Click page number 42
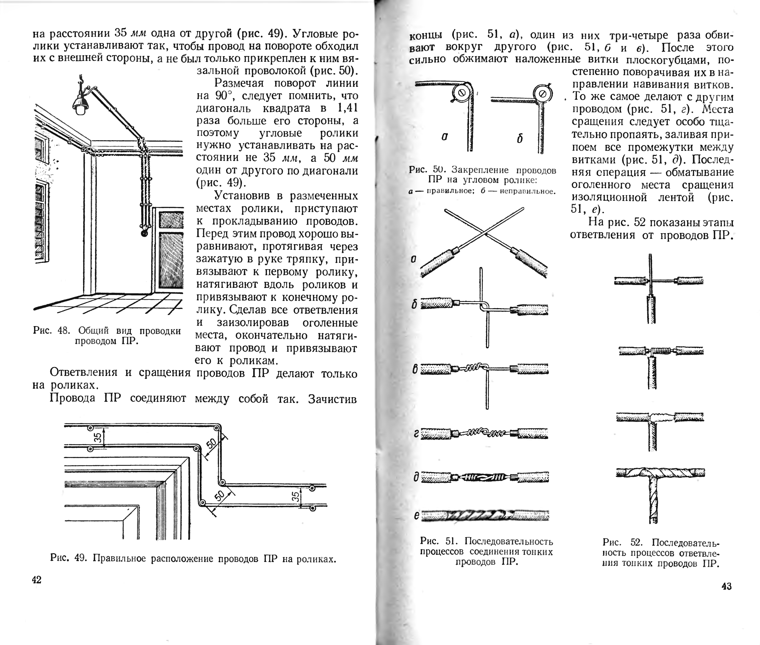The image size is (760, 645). [37, 580]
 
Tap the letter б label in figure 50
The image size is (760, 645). [520, 139]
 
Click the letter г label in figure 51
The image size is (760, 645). [416, 434]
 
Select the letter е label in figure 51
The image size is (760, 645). [416, 516]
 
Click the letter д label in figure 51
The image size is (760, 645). [416, 477]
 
